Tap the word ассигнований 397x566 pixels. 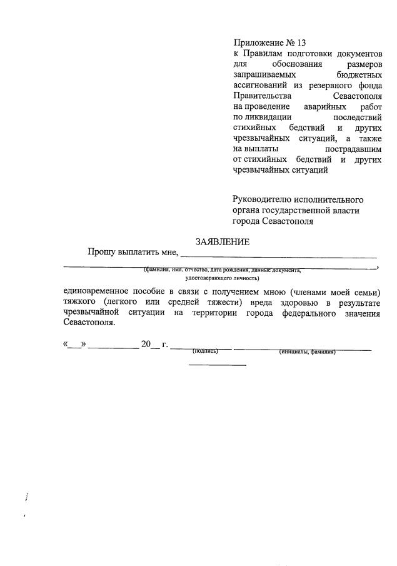261,85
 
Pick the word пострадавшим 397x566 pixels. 353,148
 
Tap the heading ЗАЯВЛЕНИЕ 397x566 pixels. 222,242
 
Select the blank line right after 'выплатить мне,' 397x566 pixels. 279,256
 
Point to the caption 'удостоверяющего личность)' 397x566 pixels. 222,277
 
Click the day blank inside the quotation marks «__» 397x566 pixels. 75,345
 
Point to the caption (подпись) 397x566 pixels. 205,351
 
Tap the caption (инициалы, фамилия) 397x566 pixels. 307,351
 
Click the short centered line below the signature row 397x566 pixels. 218,365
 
